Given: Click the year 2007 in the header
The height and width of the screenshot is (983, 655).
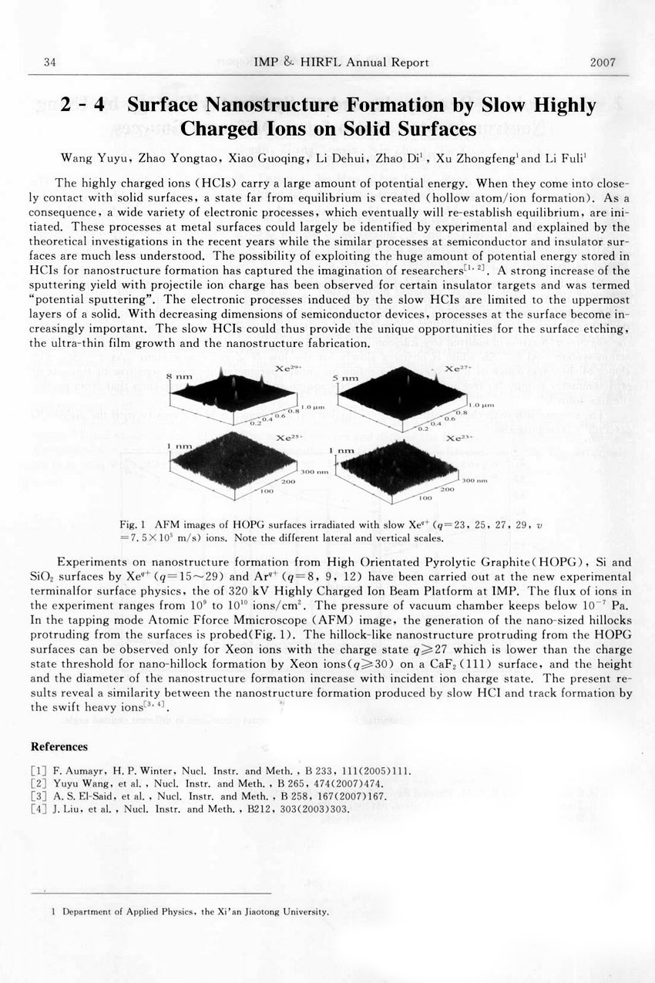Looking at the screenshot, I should pyautogui.click(x=603, y=62).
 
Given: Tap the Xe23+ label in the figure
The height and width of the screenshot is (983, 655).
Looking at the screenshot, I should pyautogui.click(x=459, y=438).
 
